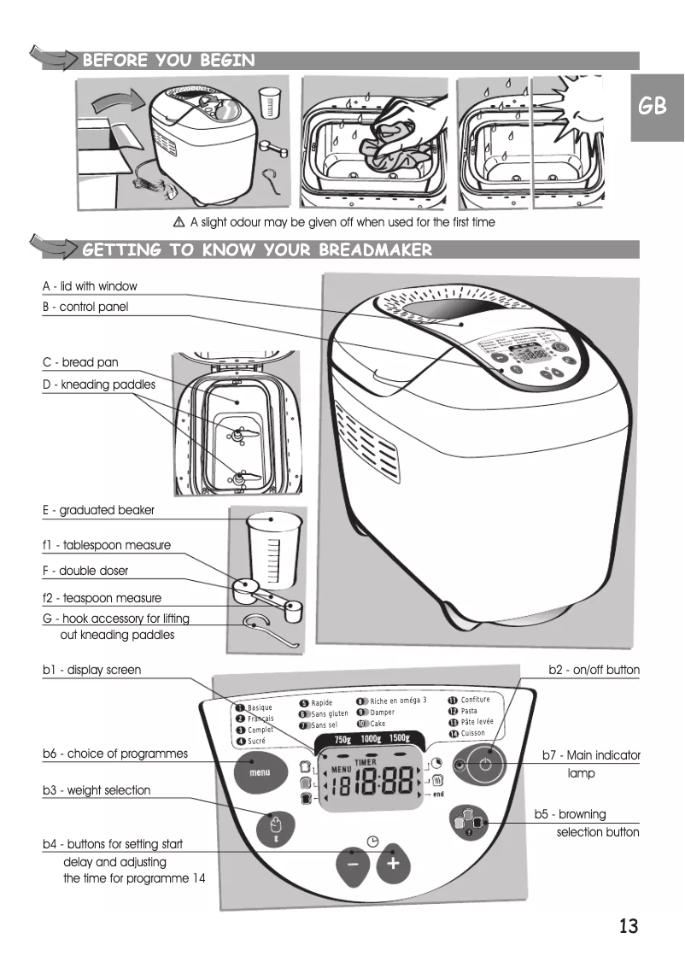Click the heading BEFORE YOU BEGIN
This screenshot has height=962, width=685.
[168, 60]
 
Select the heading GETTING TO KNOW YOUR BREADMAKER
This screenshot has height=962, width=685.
[257, 250]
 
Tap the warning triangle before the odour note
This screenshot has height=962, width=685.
[179, 222]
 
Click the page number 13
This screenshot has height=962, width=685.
[628, 926]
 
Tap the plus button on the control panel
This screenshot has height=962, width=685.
[393, 865]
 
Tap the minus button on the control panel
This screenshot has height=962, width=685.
[353, 865]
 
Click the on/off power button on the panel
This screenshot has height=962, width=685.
[484, 764]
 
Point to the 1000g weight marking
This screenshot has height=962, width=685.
[371, 738]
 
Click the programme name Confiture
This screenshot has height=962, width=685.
[475, 701]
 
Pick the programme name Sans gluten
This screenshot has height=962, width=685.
[329, 713]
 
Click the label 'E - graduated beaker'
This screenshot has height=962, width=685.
[98, 510]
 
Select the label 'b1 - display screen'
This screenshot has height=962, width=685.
[92, 670]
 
